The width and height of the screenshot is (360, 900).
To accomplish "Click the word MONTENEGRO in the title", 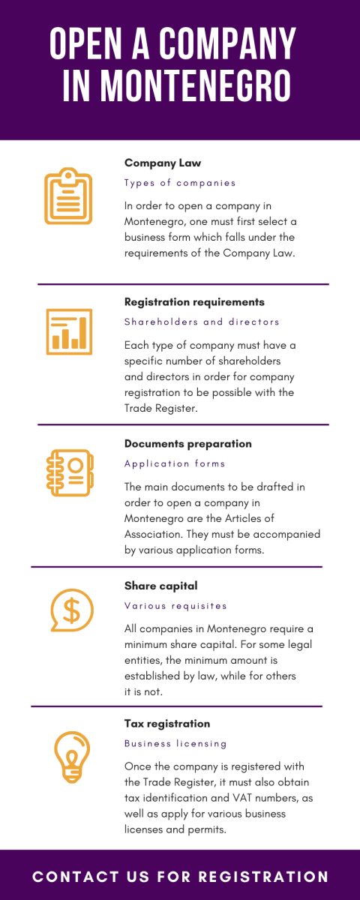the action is tap(195, 85).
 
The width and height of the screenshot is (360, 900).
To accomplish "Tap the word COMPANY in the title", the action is tap(228, 43).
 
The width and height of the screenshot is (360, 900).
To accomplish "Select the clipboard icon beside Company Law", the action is tap(68, 196).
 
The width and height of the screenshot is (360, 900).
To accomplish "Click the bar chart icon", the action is tap(69, 331).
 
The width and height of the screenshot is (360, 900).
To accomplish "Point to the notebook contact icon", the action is tap(70, 472).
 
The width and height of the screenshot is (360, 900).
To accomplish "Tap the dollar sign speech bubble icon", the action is tap(72, 610).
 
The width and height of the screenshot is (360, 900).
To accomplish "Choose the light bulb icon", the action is tap(72, 757).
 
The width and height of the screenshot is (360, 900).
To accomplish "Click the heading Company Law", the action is tap(163, 163).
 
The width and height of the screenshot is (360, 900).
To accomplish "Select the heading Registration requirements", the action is tap(194, 302).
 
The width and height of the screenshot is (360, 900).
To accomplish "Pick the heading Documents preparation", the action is tap(188, 443).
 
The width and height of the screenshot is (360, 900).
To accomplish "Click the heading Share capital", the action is tap(161, 586).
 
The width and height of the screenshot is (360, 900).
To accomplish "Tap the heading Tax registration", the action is tap(167, 724).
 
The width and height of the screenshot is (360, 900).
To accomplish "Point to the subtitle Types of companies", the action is tap(180, 183).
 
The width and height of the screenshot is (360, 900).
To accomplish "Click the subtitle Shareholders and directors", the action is tap(202, 322).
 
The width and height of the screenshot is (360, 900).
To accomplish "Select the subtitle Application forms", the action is tap(175, 463).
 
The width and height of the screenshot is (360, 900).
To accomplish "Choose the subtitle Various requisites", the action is tap(175, 606).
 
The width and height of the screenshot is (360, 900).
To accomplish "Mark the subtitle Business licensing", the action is tap(175, 744).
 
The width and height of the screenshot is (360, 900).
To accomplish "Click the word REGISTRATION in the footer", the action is tap(263, 877).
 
